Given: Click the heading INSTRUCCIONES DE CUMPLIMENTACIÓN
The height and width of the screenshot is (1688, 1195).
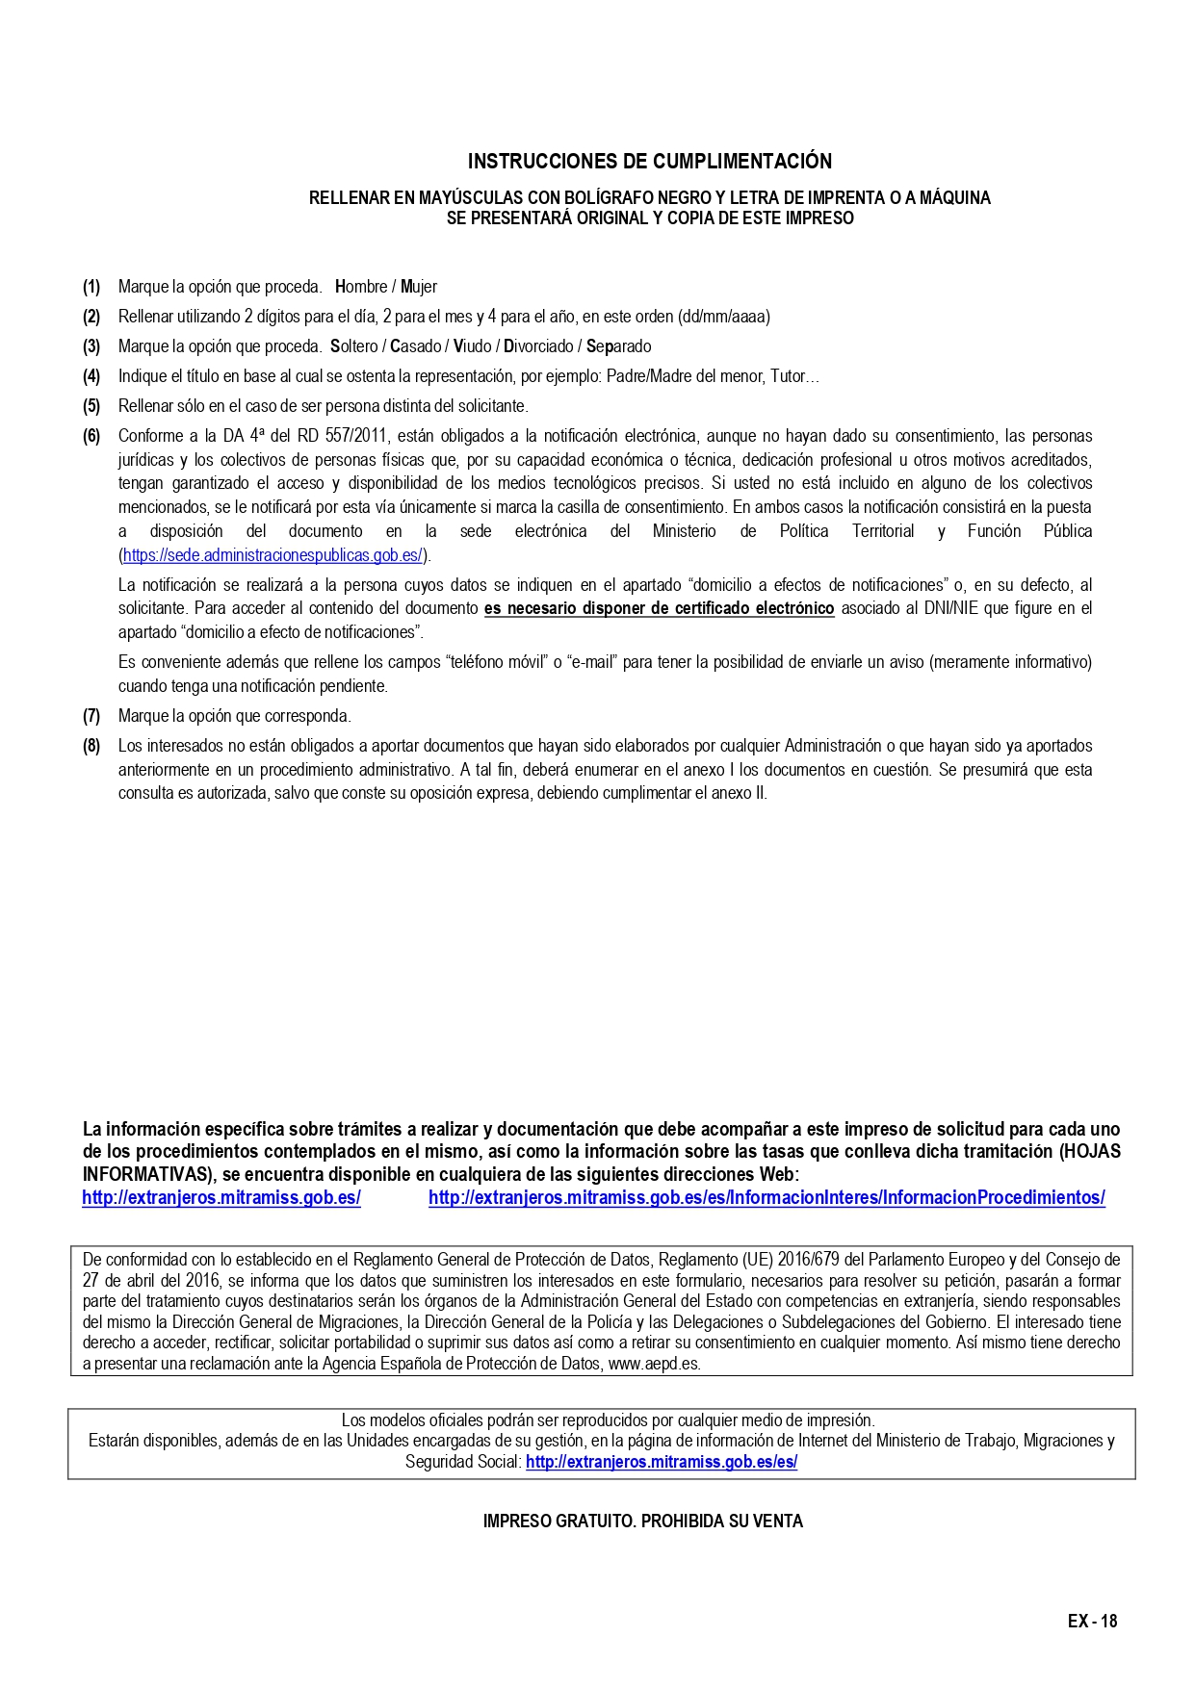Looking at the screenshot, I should pyautogui.click(x=649, y=161).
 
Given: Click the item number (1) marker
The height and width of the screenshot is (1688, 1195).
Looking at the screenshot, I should pyautogui.click(x=91, y=287).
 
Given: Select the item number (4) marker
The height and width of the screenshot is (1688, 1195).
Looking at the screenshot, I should pyautogui.click(x=91, y=376).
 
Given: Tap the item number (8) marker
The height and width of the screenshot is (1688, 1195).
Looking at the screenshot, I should pyautogui.click(x=91, y=746).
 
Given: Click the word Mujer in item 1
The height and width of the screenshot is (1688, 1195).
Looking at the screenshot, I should pyautogui.click(x=419, y=287).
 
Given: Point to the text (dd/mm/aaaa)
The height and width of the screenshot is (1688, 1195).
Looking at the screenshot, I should pyautogui.click(x=724, y=317).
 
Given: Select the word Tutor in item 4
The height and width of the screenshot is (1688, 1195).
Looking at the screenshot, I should pyautogui.click(x=788, y=376).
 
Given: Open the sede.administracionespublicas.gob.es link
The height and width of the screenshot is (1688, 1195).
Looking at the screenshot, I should pyautogui.click(x=273, y=555).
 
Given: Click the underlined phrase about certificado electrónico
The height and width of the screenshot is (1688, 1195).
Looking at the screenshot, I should pyautogui.click(x=659, y=608).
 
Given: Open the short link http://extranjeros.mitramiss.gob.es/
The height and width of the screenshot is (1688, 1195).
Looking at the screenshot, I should pyautogui.click(x=221, y=1198).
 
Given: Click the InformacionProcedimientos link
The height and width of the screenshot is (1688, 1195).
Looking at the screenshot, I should pyautogui.click(x=766, y=1198).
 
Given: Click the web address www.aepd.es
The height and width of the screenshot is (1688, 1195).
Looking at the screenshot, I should pyautogui.click(x=667, y=1364).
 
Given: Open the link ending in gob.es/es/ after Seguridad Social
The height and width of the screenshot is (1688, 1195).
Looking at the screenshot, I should pyautogui.click(x=661, y=1462).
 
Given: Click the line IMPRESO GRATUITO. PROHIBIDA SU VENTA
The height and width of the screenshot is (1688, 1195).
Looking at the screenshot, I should pyautogui.click(x=642, y=1522).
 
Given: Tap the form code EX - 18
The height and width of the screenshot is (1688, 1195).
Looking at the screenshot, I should pyautogui.click(x=1092, y=1622).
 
